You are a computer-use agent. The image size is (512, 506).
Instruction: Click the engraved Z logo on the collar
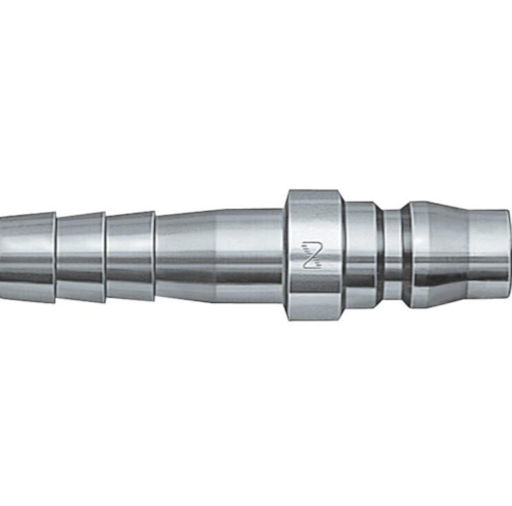[312, 254]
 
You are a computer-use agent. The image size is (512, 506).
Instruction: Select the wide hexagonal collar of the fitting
[315, 228]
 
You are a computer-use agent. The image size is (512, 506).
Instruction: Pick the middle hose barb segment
[80, 257]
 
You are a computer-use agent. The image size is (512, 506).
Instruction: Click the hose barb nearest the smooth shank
[130, 257]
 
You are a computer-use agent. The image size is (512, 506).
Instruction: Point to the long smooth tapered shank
[217, 255]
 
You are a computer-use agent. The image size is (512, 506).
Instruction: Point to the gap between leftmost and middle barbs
[56, 257]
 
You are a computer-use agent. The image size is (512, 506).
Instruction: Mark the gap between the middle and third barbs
[106, 257]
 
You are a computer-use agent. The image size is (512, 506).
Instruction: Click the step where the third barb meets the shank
[155, 257]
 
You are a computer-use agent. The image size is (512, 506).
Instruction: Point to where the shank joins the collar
[284, 255]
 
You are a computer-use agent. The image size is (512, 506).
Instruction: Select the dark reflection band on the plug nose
[442, 276]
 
